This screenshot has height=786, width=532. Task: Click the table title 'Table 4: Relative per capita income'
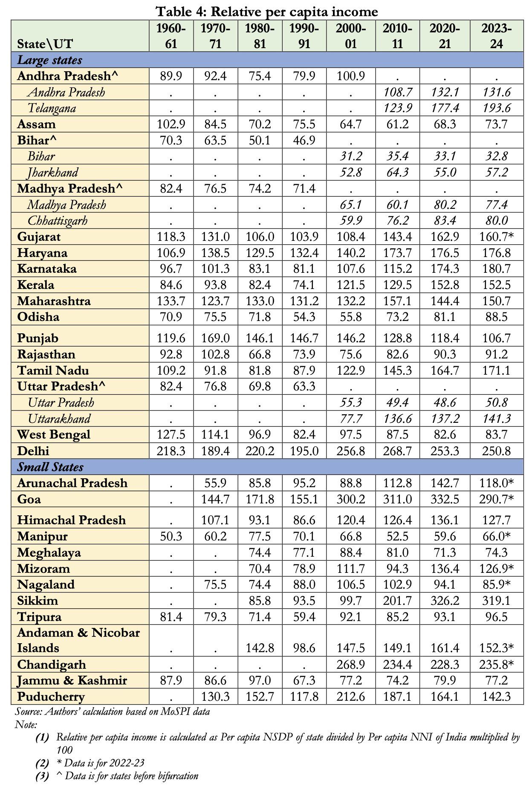point(266,11)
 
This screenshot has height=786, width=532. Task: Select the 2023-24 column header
point(496,36)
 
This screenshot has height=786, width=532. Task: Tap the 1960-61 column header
point(171,36)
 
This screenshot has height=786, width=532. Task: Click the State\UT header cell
point(45,44)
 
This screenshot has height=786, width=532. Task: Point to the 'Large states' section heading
point(49,60)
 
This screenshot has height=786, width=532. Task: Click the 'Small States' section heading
point(50,467)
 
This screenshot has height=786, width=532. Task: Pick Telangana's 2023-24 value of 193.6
point(496,108)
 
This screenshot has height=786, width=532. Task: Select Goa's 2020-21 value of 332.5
point(444,499)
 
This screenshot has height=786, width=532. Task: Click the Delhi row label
point(33,451)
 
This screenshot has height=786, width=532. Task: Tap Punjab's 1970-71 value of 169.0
point(215,338)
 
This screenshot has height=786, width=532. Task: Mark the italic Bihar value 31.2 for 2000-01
point(350,156)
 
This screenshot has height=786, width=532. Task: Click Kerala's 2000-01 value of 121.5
point(350,285)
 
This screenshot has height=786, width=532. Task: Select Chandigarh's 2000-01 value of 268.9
point(350,665)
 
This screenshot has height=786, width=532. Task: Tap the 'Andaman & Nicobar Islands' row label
point(78,640)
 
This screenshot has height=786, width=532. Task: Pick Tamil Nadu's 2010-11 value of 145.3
point(397,370)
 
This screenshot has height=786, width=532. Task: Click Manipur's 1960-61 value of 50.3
point(171,536)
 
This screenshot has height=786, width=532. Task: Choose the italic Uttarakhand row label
point(59,419)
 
